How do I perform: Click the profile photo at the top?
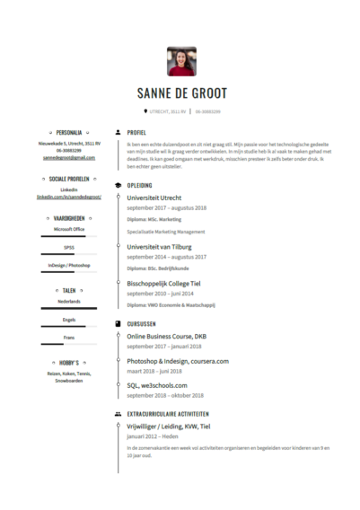click(x=181, y=61)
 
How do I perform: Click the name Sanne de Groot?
click(x=181, y=93)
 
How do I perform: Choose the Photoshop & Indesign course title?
click(x=177, y=360)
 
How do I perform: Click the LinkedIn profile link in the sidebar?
click(x=68, y=195)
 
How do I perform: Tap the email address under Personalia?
click(x=68, y=158)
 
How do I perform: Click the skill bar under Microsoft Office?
click(x=68, y=237)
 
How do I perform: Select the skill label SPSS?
click(x=68, y=247)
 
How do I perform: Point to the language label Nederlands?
click(x=68, y=302)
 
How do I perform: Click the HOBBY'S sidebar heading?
click(x=68, y=362)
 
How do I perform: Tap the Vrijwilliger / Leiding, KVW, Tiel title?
click(x=168, y=426)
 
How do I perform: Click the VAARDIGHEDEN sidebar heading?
click(x=68, y=217)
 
